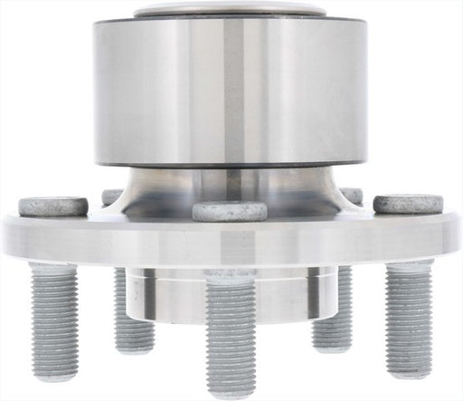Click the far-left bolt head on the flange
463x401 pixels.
53,206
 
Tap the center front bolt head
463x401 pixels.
230,211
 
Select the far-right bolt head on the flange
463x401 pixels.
395,205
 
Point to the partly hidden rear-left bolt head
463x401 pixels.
112,196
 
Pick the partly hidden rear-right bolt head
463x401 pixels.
350,195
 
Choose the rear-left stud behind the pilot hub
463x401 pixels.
132,308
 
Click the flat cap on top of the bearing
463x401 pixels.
231,12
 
